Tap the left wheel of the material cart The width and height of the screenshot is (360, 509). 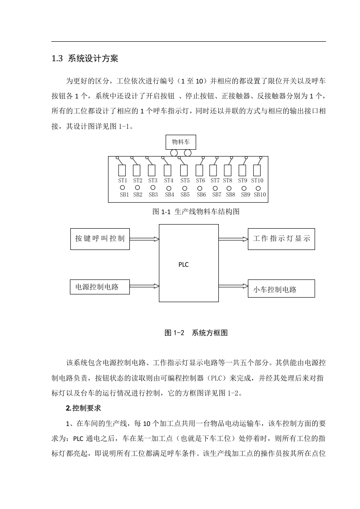tap(174, 152)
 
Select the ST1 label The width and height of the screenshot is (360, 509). tap(123, 181)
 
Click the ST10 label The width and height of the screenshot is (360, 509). tap(257, 181)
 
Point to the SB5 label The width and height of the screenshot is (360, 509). tap(185, 195)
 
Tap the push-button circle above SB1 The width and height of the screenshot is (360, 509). tap(123, 188)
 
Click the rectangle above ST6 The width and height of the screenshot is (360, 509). tap(199, 171)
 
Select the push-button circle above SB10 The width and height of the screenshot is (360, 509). tap(258, 188)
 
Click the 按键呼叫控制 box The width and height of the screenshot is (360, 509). tap(100, 239)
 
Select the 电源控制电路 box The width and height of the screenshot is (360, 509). tap(100, 287)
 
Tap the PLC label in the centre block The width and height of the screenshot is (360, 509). tap(183, 264)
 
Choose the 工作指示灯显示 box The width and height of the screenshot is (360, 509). tap(281, 239)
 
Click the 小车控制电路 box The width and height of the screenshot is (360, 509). tap(281, 288)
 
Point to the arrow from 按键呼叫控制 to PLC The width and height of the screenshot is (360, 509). tap(144, 239)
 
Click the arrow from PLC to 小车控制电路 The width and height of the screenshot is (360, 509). tap(233, 286)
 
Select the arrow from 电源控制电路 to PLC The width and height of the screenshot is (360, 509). tap(144, 286)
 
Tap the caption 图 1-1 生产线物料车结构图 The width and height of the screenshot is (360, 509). tap(196, 212)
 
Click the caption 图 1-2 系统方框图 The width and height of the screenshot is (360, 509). tap(196, 333)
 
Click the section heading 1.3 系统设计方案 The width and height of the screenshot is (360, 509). tap(85, 59)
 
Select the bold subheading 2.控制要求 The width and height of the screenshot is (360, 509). tap(84, 408)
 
